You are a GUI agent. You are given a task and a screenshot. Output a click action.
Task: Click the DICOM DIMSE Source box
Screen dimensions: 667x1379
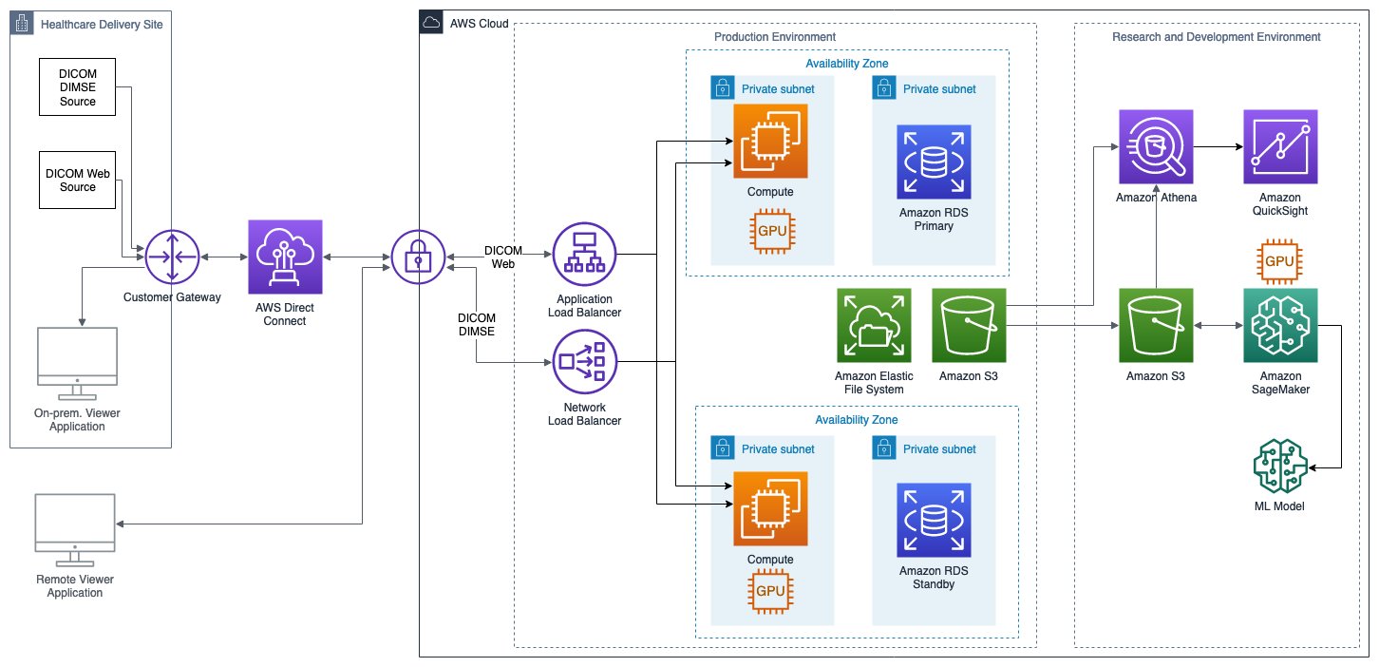pos(78,86)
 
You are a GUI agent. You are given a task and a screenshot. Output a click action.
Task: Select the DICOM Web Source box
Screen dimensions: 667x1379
pos(78,180)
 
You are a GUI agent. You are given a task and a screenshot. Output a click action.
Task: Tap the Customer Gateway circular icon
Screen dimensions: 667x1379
pos(172,257)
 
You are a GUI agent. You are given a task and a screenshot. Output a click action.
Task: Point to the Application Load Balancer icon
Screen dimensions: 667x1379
pos(585,255)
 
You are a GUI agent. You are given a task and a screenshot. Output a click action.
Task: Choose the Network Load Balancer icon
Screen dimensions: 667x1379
pos(585,362)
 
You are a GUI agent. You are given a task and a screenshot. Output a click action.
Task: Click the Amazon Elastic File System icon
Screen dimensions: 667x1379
pos(874,326)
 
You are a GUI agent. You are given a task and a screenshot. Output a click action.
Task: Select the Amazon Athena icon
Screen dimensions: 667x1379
pos(1155,146)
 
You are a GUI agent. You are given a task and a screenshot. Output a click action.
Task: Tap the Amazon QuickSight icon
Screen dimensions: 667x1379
pos(1280,146)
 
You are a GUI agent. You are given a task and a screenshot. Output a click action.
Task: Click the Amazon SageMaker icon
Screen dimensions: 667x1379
pos(1280,326)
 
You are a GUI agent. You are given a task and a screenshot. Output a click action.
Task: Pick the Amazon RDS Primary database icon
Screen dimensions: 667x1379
pos(933,161)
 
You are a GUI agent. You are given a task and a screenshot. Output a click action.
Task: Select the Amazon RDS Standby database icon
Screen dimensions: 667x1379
pos(933,519)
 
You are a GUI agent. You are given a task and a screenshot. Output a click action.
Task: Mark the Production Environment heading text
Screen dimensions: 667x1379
pos(774,37)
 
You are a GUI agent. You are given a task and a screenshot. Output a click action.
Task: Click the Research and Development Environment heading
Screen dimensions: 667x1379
pos(1216,37)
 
